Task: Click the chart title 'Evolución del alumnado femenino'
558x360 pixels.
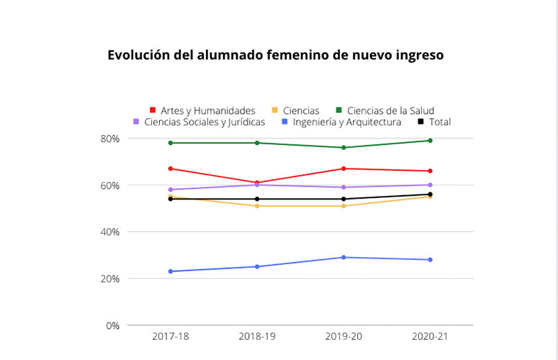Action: click(x=276, y=55)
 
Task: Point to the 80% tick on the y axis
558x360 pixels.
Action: click(x=110, y=138)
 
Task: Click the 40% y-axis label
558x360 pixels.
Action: click(x=110, y=232)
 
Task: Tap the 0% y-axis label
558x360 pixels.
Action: click(x=112, y=325)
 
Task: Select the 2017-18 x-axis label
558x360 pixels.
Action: click(x=170, y=337)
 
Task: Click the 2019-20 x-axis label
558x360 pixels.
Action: click(x=343, y=337)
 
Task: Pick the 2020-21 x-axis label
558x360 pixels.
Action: click(x=430, y=337)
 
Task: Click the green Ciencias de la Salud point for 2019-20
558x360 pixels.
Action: click(x=343, y=148)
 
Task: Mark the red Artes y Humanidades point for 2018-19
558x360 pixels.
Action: click(x=257, y=183)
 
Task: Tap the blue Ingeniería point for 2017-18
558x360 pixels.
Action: click(x=171, y=271)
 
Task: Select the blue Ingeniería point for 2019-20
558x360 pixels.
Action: click(x=343, y=257)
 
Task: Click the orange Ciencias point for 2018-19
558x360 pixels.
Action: click(x=257, y=206)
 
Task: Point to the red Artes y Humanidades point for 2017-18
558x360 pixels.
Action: click(x=171, y=168)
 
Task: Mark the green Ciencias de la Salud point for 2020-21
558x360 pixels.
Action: click(x=430, y=140)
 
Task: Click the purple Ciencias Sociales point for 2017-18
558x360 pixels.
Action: click(x=171, y=189)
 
